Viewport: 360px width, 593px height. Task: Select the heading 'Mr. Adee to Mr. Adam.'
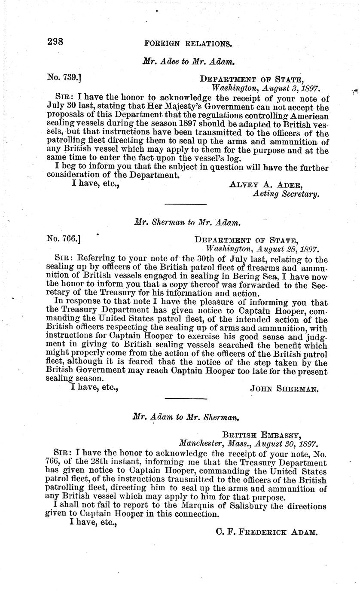[x=188, y=61]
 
